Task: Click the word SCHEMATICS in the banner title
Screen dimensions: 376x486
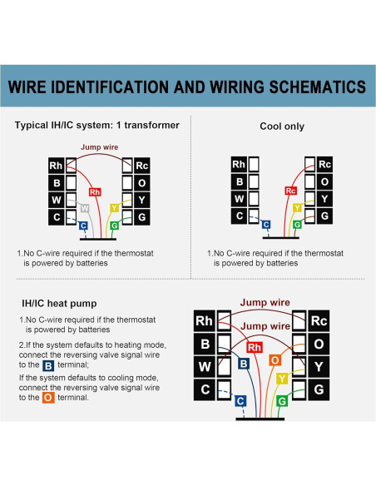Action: pyautogui.click(x=318, y=87)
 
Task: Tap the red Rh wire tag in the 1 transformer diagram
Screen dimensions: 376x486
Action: pyautogui.click(x=95, y=192)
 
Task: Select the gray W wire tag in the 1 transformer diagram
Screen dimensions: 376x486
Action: pyautogui.click(x=85, y=208)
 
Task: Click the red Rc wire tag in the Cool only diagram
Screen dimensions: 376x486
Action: pyautogui.click(x=291, y=191)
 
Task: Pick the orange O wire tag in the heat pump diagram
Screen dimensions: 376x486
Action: pyautogui.click(x=275, y=360)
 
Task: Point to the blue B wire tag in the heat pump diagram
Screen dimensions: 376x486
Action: pyautogui.click(x=244, y=364)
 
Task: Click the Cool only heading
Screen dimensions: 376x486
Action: pyautogui.click(x=282, y=126)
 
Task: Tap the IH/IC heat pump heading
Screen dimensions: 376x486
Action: pyautogui.click(x=59, y=303)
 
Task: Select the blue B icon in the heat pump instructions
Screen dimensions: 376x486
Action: pyautogui.click(x=48, y=365)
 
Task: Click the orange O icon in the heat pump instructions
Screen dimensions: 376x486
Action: pyautogui.click(x=48, y=398)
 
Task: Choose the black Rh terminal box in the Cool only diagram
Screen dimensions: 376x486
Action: pyautogui.click(x=239, y=164)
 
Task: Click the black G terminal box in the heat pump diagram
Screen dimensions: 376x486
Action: pyautogui.click(x=319, y=389)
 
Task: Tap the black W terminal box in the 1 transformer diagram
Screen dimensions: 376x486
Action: pyautogui.click(x=56, y=200)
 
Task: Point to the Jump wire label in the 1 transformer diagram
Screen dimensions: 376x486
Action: pyautogui.click(x=100, y=147)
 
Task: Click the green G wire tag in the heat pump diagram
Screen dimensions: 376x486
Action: pyautogui.click(x=282, y=401)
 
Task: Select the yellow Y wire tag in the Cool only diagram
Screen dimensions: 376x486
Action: pyautogui.click(x=297, y=208)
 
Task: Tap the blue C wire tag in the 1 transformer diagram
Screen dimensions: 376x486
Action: pyautogui.click(x=83, y=226)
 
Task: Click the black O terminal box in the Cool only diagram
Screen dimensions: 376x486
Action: pyautogui.click(x=324, y=181)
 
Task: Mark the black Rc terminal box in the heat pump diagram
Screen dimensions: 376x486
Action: pyautogui.click(x=319, y=320)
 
